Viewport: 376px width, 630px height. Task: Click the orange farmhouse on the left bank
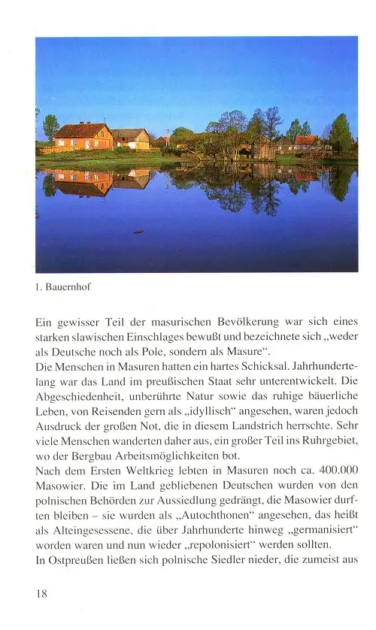pos(83,137)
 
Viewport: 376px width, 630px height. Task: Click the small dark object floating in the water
pos(138,231)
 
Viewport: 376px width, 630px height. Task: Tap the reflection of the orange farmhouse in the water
pos(83,181)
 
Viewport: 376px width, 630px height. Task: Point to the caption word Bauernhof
pos(68,286)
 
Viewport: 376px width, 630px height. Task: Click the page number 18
pos(42,594)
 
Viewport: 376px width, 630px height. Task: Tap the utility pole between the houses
pos(167,138)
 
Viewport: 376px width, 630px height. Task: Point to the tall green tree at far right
pos(340,132)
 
